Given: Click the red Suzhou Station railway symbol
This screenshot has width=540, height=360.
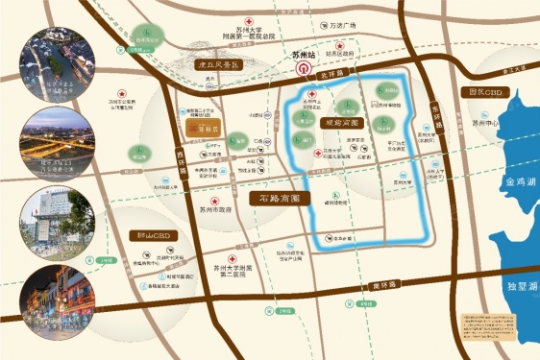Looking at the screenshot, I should point(303,69).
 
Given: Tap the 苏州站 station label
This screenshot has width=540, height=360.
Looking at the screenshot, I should point(303,56).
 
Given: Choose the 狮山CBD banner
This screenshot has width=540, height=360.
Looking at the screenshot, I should point(152,233).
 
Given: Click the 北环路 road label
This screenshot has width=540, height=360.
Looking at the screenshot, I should point(331,72).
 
